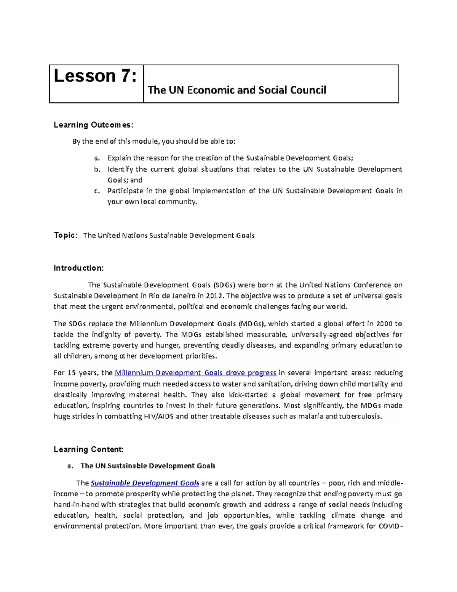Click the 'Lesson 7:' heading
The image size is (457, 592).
(x=95, y=76)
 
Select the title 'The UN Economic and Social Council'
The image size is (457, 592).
(x=236, y=90)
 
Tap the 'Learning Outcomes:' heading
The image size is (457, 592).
(x=93, y=125)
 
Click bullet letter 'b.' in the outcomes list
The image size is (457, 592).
(x=97, y=169)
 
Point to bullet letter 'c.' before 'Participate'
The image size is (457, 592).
(x=97, y=191)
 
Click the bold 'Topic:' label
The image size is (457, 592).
(x=66, y=235)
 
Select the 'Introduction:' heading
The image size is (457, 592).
(x=78, y=268)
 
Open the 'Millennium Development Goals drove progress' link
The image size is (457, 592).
(x=195, y=373)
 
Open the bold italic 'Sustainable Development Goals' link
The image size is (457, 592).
(x=145, y=483)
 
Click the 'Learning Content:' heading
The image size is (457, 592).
(x=89, y=449)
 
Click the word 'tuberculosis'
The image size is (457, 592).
(x=360, y=416)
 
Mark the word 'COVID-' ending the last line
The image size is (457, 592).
(x=390, y=526)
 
